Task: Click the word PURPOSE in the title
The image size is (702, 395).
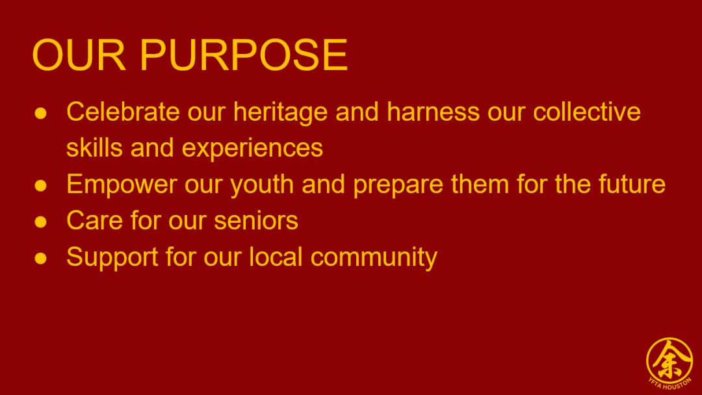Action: tap(244, 55)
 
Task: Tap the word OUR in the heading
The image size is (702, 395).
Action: tap(79, 55)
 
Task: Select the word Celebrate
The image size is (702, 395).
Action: tap(123, 111)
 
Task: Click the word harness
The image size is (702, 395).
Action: tap(433, 111)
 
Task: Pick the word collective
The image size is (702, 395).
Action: tap(586, 111)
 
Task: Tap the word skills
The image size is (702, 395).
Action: tap(94, 147)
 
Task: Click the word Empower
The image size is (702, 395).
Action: tap(122, 185)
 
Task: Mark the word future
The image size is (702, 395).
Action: tap(632, 184)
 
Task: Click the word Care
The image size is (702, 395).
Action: tap(94, 220)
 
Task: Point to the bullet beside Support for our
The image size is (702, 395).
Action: tap(41, 258)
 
